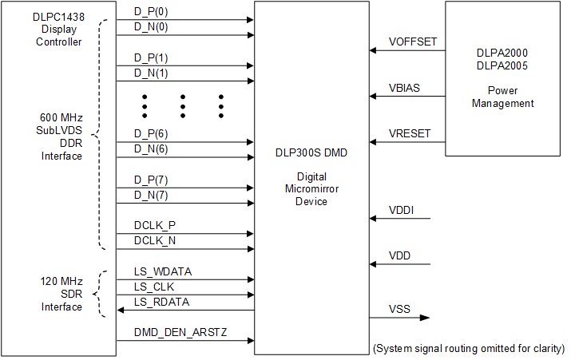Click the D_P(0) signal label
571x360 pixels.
pos(151,14)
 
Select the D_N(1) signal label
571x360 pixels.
pos(151,73)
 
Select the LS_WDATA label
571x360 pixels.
pos(163,271)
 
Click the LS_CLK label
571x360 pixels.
pos(154,287)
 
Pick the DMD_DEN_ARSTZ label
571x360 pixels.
pos(180,332)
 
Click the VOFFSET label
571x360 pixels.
pos(413,42)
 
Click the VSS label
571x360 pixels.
pos(400,309)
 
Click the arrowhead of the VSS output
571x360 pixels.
pos(426,318)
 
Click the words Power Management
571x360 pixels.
pos(502,97)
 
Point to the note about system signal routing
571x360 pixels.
pos(469,349)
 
